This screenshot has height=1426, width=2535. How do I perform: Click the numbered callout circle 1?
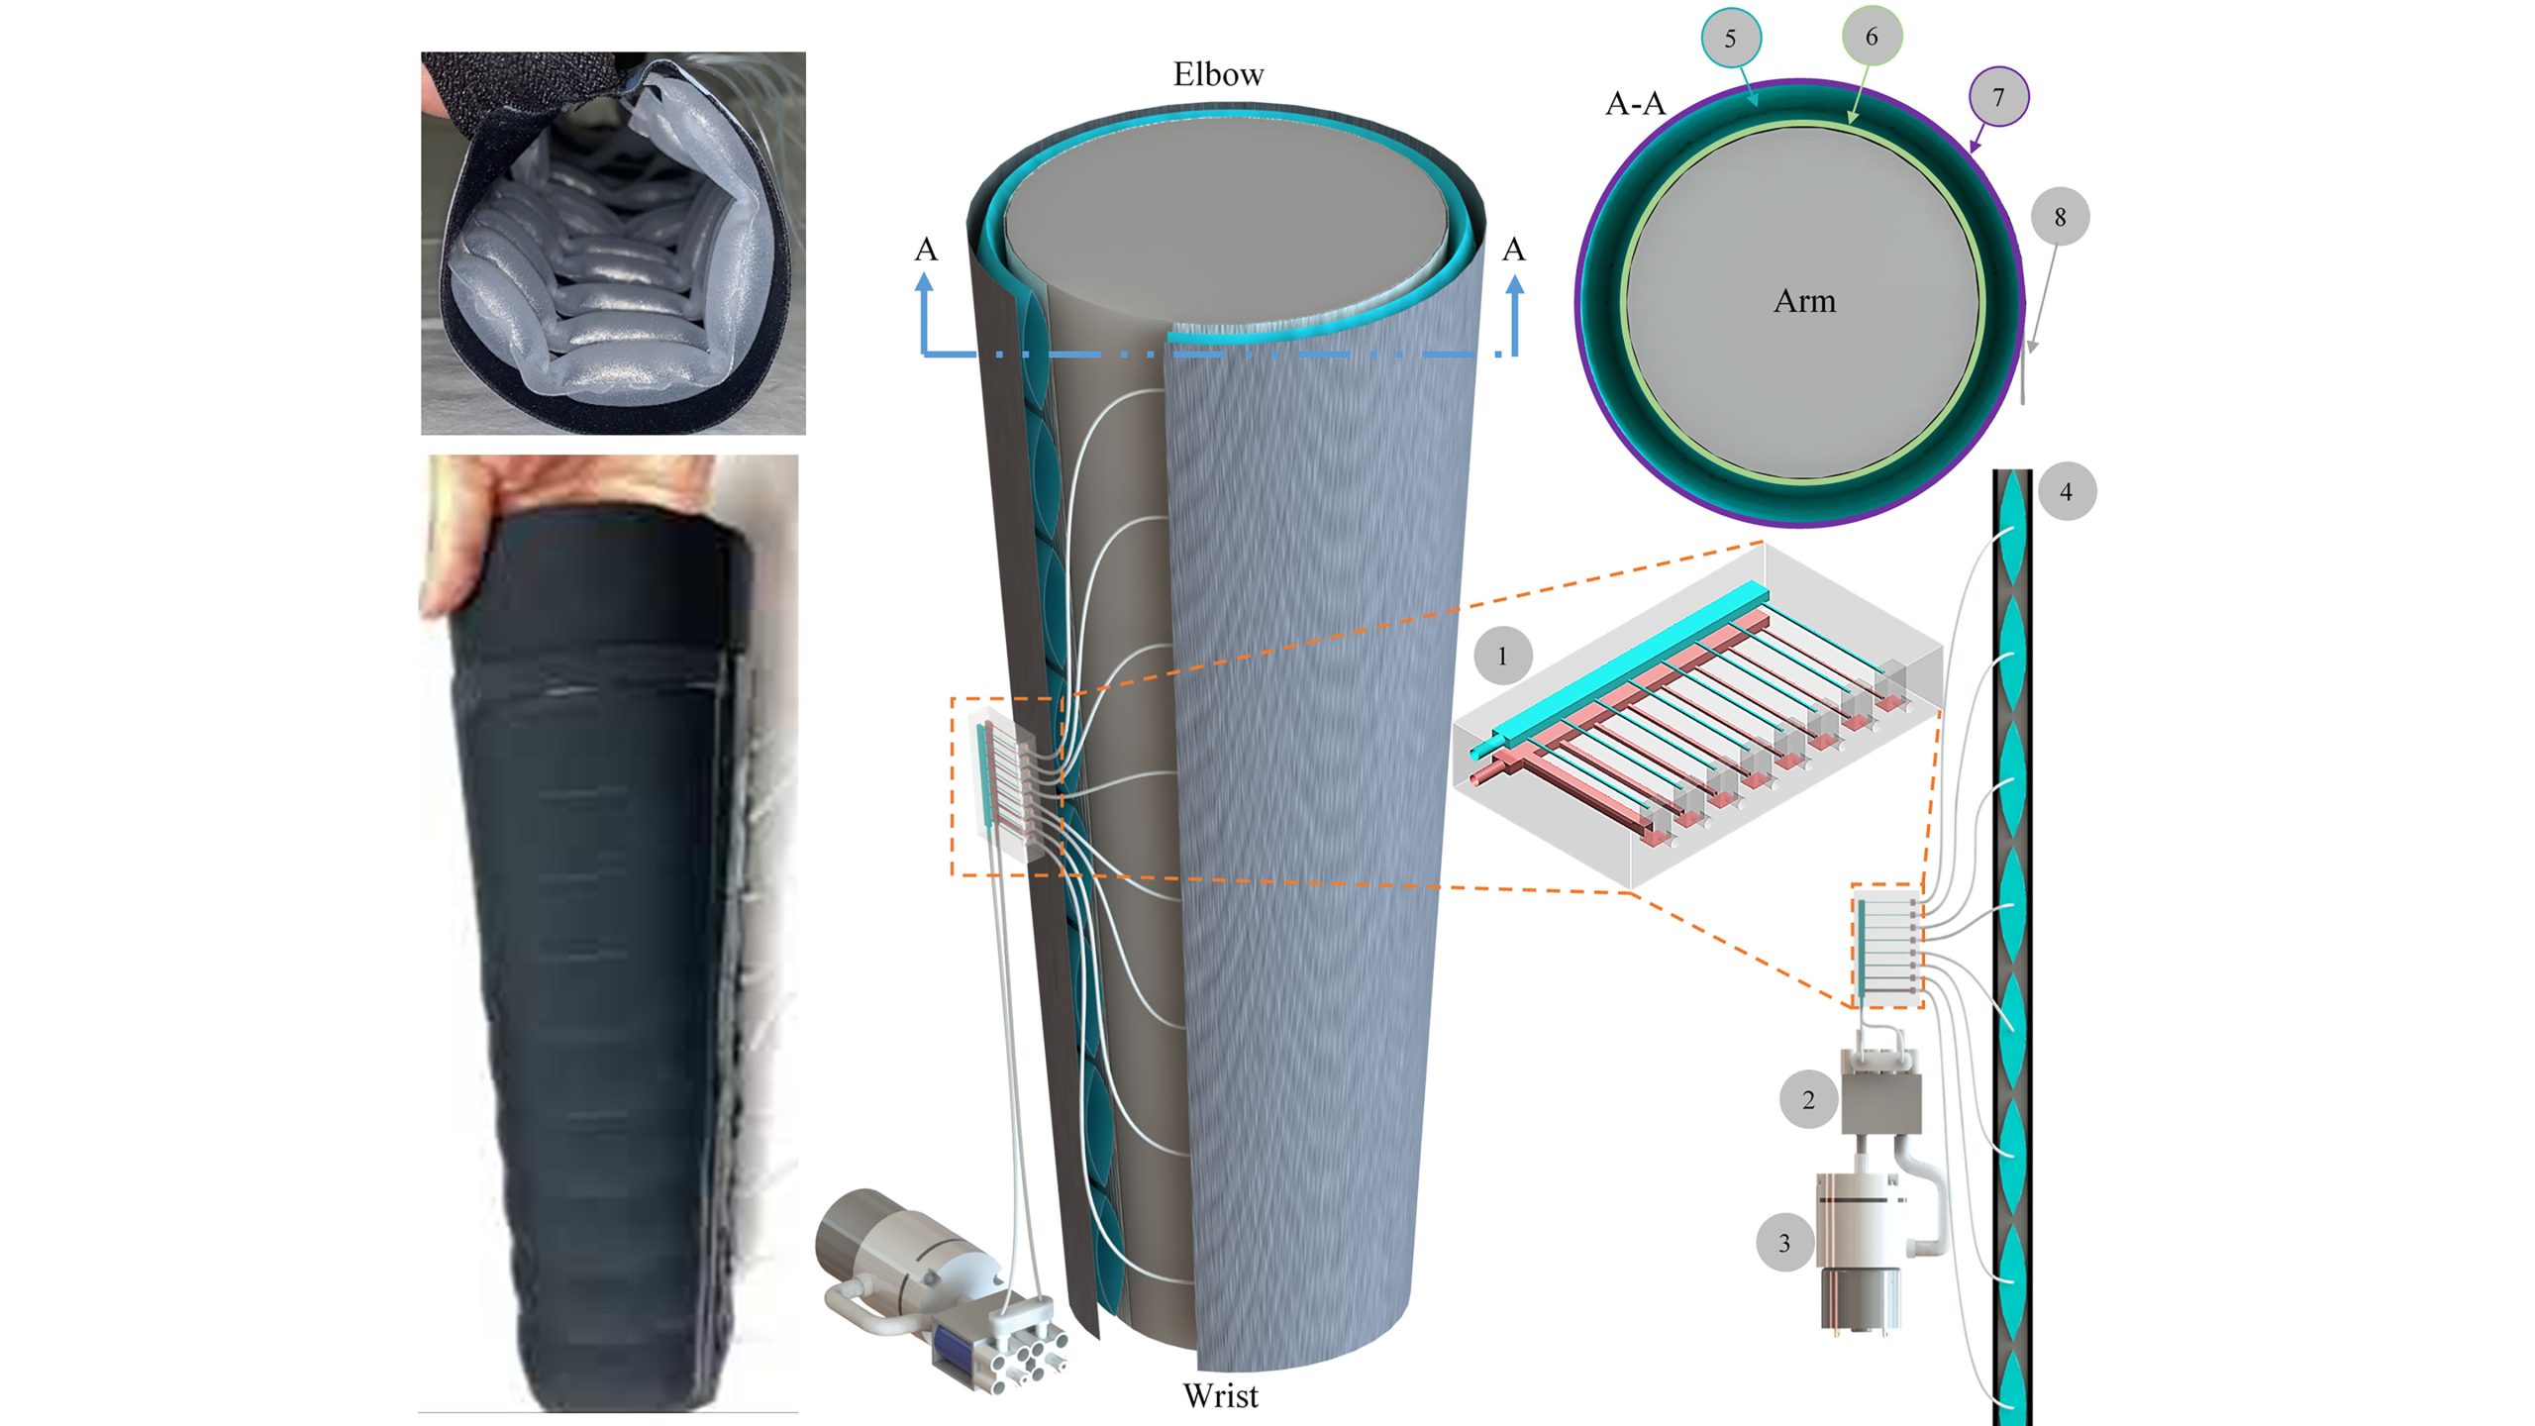1502,656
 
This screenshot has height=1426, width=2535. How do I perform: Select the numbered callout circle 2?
1808,1099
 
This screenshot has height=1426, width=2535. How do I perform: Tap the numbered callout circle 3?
1784,1243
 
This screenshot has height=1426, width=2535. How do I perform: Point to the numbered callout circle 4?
2066,491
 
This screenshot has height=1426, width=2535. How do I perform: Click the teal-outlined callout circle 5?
1730,39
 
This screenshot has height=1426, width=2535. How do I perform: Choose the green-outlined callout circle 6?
1871,37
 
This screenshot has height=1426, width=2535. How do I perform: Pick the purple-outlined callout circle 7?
1998,97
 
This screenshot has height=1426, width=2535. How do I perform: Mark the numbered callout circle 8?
2060,217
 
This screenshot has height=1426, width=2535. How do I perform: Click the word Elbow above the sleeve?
1218,74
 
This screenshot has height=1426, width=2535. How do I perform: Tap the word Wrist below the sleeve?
1220,1395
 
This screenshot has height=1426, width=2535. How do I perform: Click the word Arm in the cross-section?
1804,301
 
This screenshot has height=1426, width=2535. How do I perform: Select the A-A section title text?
1635,103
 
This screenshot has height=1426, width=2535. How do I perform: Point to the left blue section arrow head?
925,284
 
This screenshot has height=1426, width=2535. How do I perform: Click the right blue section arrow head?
1514,286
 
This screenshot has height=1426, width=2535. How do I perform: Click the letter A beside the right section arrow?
1513,250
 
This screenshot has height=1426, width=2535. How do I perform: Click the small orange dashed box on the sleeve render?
1006,786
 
